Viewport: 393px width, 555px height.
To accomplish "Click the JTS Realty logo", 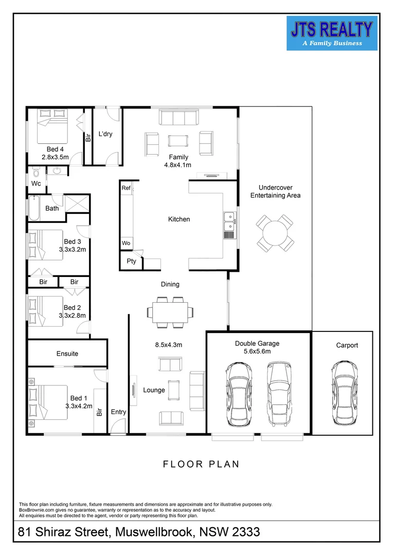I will (x=332, y=33).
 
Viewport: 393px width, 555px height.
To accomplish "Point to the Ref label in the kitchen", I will (x=126, y=188).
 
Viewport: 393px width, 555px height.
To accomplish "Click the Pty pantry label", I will (x=131, y=261).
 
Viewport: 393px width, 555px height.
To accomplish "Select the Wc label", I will (x=36, y=183).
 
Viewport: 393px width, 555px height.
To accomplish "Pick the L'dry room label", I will (x=105, y=134).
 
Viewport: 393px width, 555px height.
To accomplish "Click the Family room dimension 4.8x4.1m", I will (x=177, y=165).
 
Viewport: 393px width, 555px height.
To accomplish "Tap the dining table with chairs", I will (x=170, y=311).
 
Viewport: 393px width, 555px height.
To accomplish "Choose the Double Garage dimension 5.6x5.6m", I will (x=257, y=351).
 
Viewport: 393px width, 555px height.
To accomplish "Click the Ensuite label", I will (x=67, y=354).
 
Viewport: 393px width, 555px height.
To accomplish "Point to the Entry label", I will (x=118, y=412).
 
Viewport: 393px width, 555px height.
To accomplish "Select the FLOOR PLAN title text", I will (x=201, y=464).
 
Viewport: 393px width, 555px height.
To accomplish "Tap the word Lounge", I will (x=154, y=390).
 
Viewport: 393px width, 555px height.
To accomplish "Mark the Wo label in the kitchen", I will (x=126, y=243).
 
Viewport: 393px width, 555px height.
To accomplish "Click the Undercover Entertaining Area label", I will (x=275, y=191).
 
